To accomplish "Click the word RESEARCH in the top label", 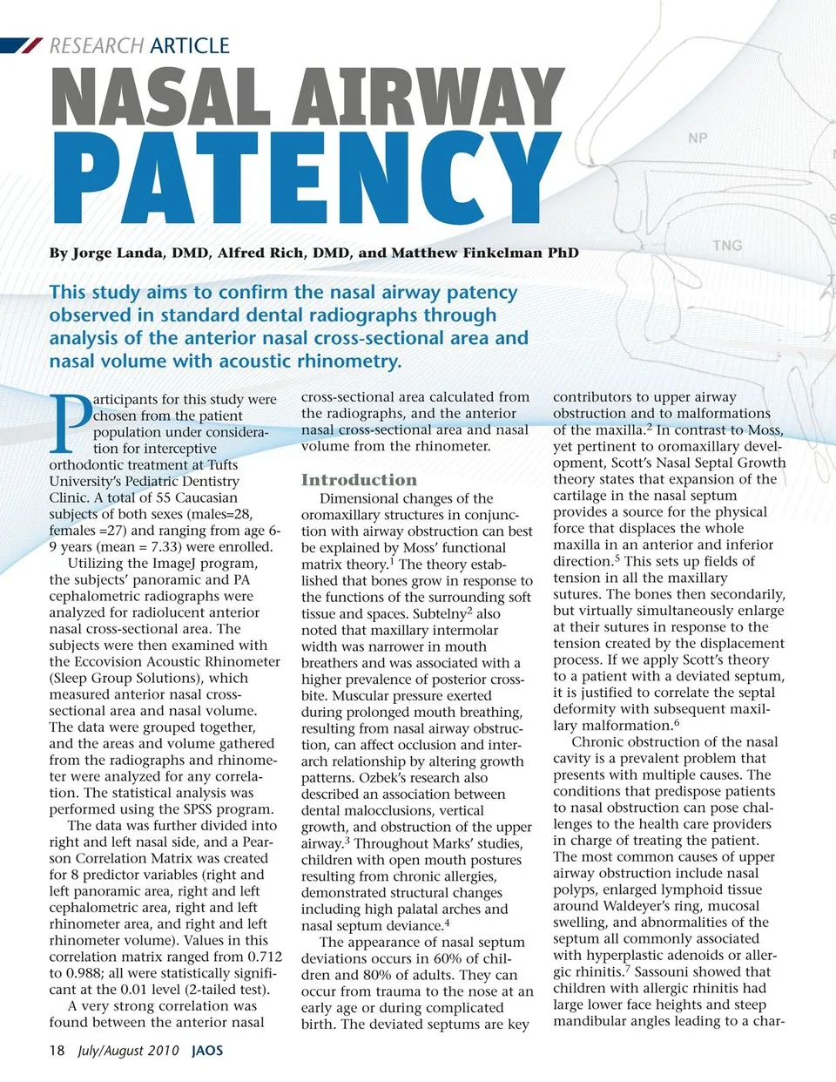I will point(97,46).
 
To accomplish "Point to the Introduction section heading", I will point(359,480).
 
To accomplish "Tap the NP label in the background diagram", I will point(698,138).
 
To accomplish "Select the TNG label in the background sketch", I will point(727,246).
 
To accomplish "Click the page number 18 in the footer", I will point(57,1050).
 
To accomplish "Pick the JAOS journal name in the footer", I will point(207,1050).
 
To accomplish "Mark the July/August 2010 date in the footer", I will point(128,1050).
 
